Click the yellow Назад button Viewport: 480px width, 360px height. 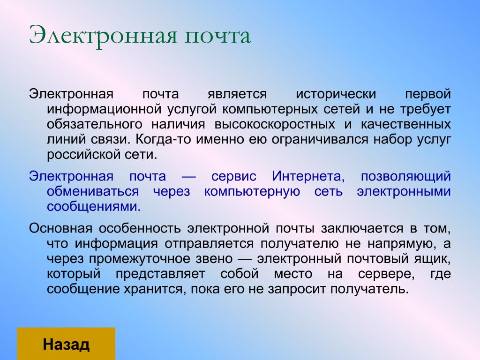tap(66, 344)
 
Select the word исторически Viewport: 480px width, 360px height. tap(336, 94)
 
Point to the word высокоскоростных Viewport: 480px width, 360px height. tap(275, 124)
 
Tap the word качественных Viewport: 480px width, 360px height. tap(405, 124)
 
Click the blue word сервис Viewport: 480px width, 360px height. tap(234, 176)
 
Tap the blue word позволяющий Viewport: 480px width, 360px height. tap(405, 176)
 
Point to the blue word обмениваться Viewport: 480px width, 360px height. tap(93, 192)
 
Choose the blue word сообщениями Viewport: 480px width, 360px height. tap(94, 207)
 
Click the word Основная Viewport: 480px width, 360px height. tap(60, 228)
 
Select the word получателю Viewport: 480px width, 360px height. tap(300, 244)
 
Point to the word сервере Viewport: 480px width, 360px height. tap(386, 274)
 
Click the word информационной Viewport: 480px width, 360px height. tap(104, 109)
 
